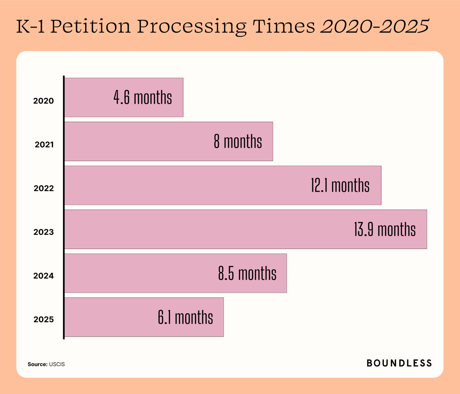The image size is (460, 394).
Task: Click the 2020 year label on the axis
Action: (x=43, y=101)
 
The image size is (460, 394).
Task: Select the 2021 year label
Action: (x=44, y=144)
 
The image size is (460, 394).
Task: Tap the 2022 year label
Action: (x=44, y=188)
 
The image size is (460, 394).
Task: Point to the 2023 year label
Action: (x=43, y=232)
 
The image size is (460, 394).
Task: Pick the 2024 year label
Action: (x=43, y=276)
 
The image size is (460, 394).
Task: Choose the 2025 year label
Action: (x=43, y=319)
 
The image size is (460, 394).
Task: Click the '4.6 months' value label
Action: (x=143, y=98)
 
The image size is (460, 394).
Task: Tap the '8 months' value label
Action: (x=238, y=142)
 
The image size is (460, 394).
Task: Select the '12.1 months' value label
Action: (x=340, y=186)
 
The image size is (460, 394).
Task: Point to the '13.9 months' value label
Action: (x=385, y=229)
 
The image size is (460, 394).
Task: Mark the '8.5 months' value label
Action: (x=247, y=273)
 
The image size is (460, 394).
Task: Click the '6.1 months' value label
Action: (x=185, y=317)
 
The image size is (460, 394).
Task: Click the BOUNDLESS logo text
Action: (x=399, y=363)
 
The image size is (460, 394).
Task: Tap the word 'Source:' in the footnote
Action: (x=37, y=364)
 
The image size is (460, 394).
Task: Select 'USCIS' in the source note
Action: (x=57, y=364)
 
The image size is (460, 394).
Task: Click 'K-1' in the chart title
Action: (x=30, y=26)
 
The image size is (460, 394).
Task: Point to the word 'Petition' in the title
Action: (x=91, y=26)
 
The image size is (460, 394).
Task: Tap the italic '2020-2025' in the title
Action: (x=375, y=26)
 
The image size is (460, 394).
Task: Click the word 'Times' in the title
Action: (x=284, y=26)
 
